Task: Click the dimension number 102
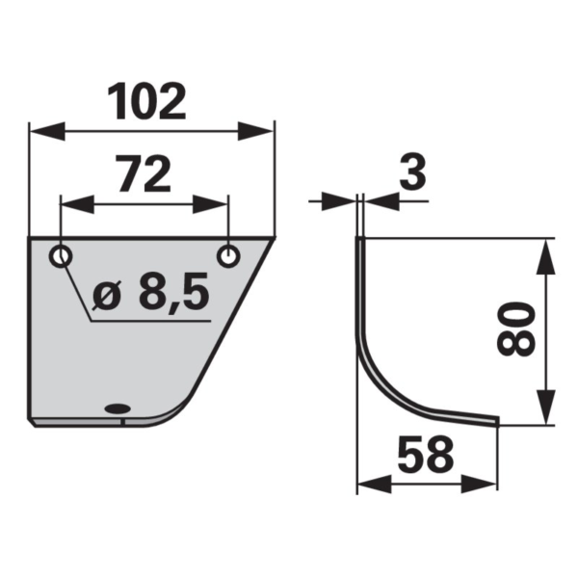coord(146,102)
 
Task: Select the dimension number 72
coord(144,173)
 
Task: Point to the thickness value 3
coord(412,171)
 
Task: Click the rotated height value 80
coord(516,329)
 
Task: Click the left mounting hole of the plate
coord(61,255)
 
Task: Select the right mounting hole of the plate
coord(228,255)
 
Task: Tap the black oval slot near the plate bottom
coord(118,408)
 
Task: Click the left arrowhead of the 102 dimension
coord(47,131)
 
